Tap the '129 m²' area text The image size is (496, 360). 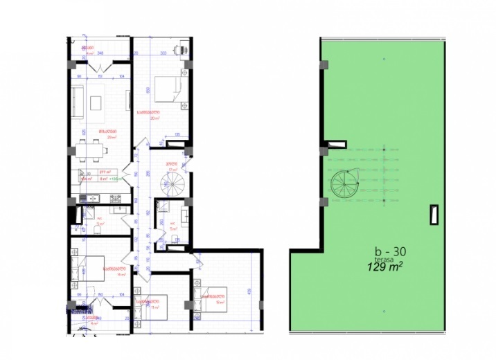384,265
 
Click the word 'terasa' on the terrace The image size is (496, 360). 382,258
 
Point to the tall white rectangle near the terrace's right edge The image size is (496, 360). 434,215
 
